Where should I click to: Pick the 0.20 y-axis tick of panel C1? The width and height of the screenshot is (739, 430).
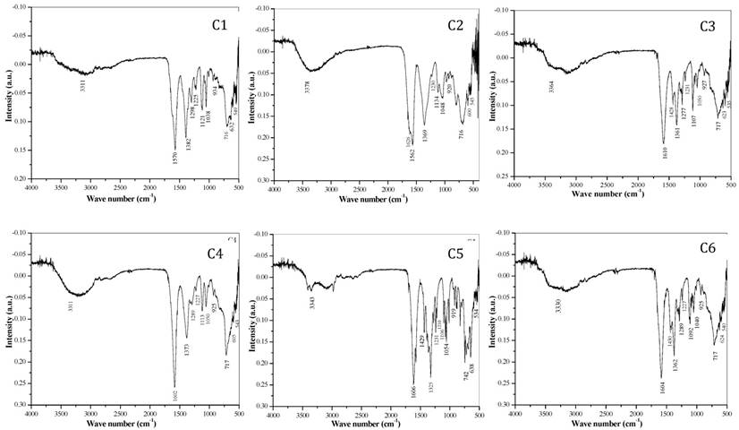point(18,179)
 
